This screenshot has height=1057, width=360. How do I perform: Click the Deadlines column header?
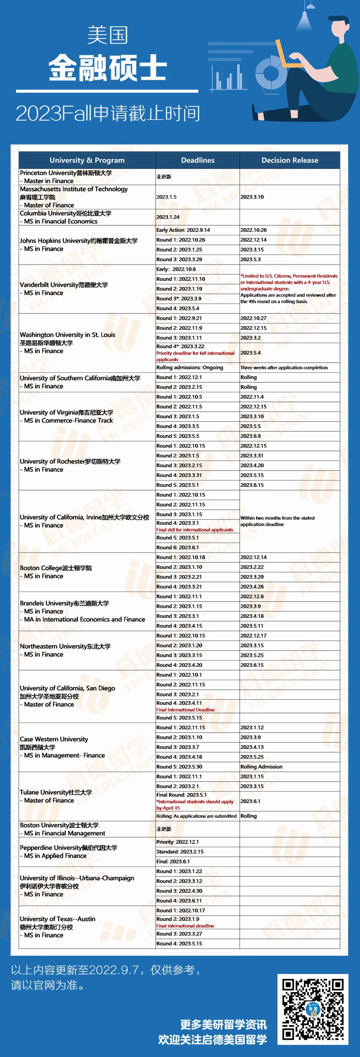coord(197,160)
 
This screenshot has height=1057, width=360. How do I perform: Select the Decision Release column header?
coord(289,160)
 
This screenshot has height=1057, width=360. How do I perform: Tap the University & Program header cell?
coord(87,160)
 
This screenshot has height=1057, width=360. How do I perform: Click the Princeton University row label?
coord(66,177)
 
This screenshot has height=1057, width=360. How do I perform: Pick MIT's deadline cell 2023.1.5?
coord(167,197)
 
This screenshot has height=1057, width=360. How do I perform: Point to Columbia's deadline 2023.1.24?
coord(168,217)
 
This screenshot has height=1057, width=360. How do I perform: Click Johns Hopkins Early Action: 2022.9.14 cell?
coord(183,230)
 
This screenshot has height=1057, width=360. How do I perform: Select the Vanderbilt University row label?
coord(64,289)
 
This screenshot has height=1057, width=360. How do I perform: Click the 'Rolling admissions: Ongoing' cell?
coord(190,368)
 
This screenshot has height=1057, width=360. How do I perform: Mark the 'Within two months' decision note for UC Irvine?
coord(277,521)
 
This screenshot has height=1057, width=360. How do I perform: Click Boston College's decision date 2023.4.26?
coord(252,587)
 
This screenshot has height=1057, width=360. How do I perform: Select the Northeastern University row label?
coord(65,650)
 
